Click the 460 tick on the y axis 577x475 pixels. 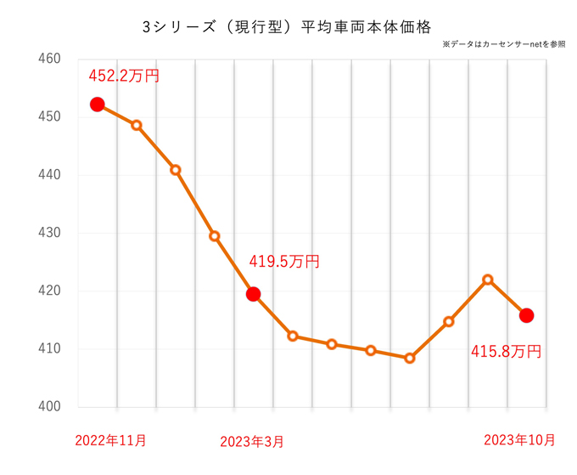49,59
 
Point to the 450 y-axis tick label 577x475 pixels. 49,116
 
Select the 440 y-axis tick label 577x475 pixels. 49,174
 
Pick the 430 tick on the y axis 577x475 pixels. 49,233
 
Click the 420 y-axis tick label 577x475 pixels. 49,291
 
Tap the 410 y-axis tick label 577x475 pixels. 49,348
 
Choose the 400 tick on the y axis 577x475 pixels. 49,407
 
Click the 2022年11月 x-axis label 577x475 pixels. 110,440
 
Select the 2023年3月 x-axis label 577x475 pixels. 252,442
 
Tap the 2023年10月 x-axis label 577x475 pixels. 520,440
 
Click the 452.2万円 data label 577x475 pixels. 124,76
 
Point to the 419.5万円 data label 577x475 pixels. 284,263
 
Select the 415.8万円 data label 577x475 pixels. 506,349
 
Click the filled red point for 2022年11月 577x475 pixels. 97,105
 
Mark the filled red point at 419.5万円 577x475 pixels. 253,294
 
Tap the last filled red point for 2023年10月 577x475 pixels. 526,315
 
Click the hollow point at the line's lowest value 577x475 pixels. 410,358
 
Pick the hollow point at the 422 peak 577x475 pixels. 488,280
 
